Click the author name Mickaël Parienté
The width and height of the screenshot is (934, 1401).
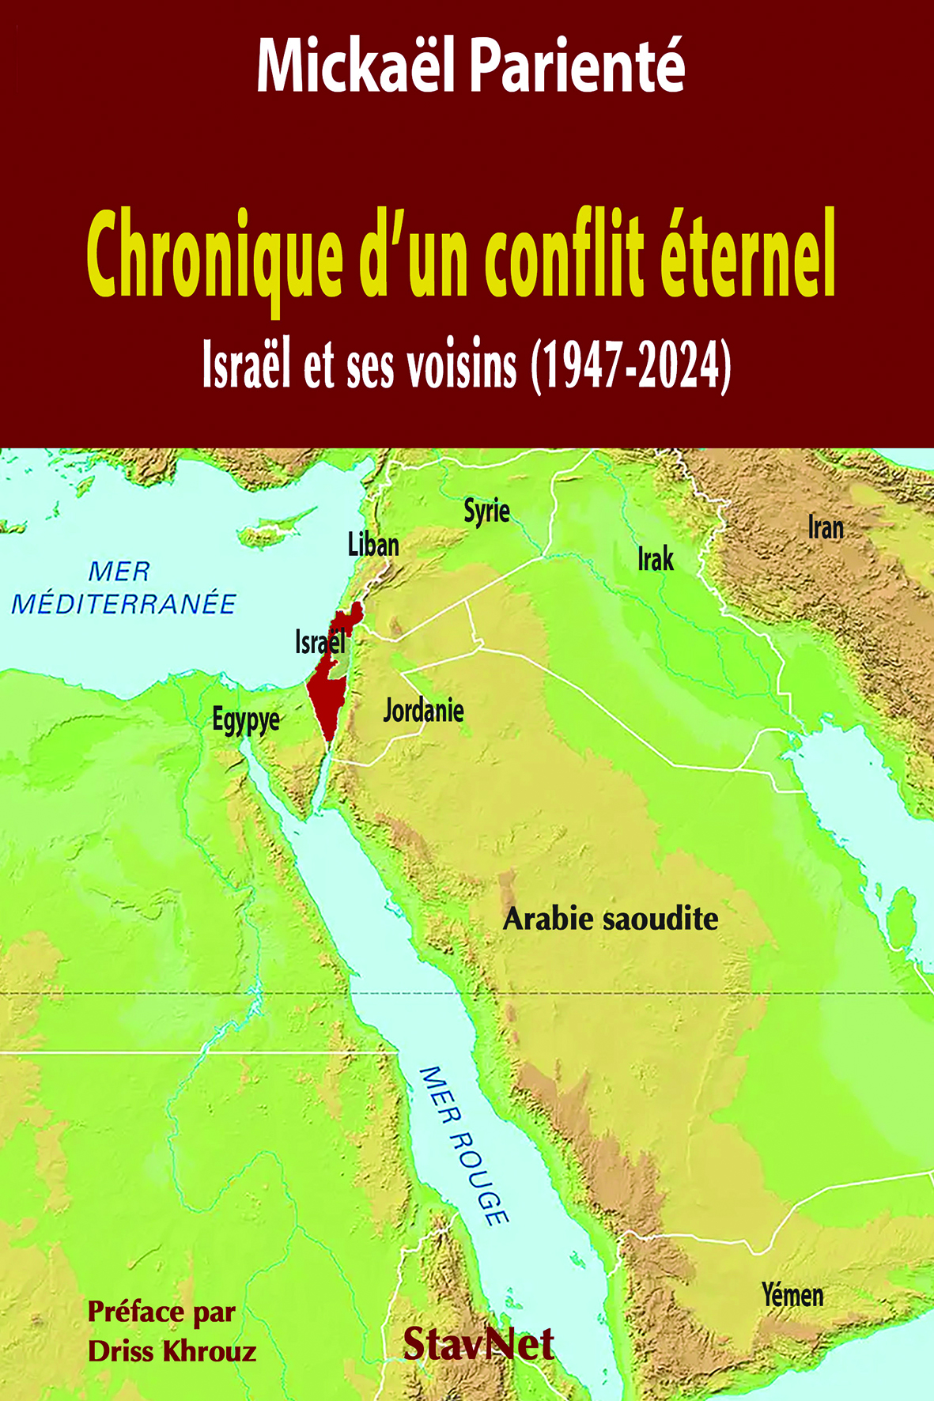pos(470,67)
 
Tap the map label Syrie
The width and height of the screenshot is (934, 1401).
pos(486,511)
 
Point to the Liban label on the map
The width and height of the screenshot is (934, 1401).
pos(373,545)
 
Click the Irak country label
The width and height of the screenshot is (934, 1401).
pos(656,560)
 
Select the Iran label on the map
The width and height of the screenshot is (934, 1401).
pos(826,527)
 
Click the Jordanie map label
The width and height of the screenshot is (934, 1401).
pos(423,710)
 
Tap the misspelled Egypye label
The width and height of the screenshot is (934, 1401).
pos(246,720)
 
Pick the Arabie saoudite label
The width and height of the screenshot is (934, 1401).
pos(611,919)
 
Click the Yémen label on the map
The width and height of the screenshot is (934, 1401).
pos(792,1295)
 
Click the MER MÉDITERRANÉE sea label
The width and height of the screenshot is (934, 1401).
pos(123,587)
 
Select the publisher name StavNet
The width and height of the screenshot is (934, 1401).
pos(478,1343)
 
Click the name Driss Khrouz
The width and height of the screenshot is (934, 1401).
pos(172,1351)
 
